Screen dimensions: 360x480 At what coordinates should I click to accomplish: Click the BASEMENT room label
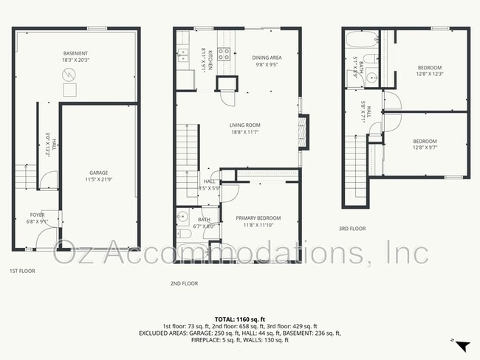[75, 54]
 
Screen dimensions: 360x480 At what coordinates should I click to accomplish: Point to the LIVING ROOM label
[244, 125]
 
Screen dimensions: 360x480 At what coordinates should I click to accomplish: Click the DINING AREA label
[267, 57]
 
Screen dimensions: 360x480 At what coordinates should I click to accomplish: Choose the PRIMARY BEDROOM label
[258, 218]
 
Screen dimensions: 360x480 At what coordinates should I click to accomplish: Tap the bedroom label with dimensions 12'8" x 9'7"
[424, 141]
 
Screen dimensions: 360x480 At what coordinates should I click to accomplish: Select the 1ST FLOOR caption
[23, 271]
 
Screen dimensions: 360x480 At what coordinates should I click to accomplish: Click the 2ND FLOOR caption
[184, 283]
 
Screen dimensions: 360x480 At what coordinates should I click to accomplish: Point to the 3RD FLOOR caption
[352, 229]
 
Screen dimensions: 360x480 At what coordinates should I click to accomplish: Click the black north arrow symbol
[462, 345]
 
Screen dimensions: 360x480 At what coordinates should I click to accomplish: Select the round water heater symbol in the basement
[68, 75]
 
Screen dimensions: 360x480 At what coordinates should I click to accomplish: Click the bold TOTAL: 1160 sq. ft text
[240, 318]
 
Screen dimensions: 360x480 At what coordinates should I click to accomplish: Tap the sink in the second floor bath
[182, 217]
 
